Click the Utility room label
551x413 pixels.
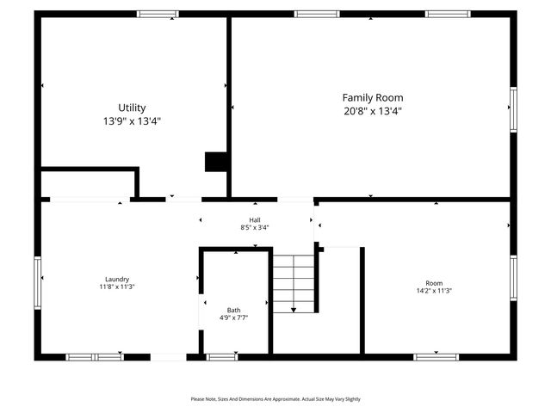132,108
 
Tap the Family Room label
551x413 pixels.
372,98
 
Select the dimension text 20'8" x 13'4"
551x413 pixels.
372,111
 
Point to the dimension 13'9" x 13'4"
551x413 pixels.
132,121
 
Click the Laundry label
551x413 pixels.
117,279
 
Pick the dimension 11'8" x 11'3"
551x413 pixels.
117,287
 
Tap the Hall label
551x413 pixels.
255,220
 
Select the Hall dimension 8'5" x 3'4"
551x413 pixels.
255,228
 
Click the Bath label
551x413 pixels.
234,310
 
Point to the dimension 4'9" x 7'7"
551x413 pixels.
234,317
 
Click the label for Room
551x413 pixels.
434,283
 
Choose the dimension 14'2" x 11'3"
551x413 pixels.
434,291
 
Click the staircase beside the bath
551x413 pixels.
294,284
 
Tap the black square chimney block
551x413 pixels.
215,162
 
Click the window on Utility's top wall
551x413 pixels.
158,14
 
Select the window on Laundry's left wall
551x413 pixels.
37,282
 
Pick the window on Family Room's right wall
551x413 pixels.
513,108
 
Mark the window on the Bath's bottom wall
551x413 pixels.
222,356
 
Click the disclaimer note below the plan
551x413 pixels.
275,399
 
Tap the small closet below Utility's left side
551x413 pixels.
88,184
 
